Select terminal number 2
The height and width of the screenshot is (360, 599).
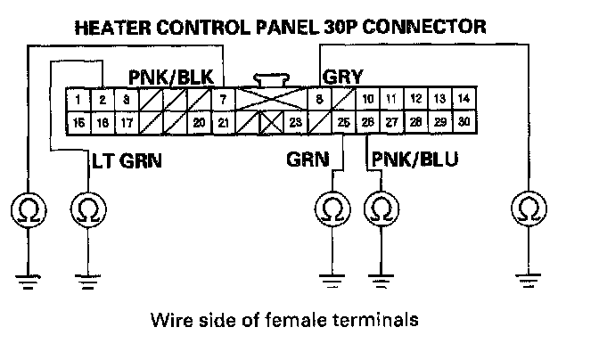(x=103, y=99)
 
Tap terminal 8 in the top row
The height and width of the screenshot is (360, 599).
(x=318, y=99)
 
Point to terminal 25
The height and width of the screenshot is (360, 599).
(x=343, y=121)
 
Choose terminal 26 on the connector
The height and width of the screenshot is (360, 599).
(x=367, y=121)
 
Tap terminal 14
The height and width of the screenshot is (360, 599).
(x=462, y=99)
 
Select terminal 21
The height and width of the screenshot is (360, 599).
(x=223, y=121)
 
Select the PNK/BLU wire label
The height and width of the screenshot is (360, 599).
(x=408, y=161)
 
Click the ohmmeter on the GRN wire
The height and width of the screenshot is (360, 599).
(x=332, y=210)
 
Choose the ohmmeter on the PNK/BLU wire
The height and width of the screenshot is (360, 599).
(x=381, y=210)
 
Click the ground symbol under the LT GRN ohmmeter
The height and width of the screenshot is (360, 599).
(x=87, y=283)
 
